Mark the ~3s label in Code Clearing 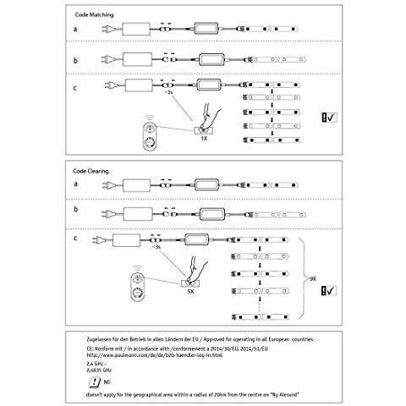tap(157, 249)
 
